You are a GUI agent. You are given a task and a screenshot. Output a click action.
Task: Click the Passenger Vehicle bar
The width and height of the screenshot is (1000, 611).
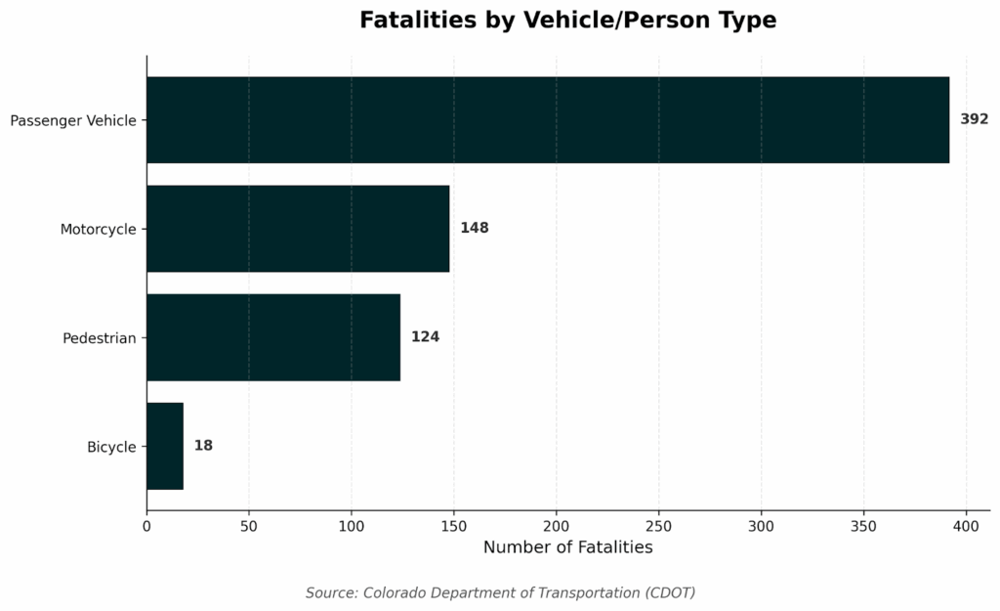[547, 120]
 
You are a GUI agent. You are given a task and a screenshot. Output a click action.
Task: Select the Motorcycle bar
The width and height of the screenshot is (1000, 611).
[298, 229]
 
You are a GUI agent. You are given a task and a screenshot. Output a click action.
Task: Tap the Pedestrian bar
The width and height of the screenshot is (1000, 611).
[273, 337]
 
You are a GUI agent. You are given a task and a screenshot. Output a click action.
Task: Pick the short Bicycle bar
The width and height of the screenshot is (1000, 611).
[165, 446]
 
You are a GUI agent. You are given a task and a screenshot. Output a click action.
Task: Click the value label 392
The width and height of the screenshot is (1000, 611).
[974, 119]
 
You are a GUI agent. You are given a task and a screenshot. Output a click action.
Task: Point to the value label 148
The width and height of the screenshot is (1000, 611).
[475, 228]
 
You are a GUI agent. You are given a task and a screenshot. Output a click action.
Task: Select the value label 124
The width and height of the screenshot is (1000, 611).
[425, 336]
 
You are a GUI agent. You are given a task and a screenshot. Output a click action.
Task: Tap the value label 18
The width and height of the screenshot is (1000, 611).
[203, 445]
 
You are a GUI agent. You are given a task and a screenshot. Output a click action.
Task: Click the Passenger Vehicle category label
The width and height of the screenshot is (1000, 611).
[73, 121]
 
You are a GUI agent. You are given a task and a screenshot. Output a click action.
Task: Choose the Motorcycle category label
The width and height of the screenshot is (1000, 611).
[98, 230]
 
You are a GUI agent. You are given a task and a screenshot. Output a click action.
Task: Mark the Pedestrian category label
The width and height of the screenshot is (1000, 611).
[99, 338]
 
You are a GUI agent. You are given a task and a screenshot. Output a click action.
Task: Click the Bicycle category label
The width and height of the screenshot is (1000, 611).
[111, 447]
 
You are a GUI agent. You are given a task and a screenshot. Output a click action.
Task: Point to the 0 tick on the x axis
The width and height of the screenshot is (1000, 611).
[146, 526]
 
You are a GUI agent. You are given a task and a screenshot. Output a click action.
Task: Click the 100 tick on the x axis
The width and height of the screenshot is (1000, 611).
[352, 526]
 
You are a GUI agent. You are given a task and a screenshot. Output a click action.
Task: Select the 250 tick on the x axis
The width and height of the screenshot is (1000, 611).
[659, 526]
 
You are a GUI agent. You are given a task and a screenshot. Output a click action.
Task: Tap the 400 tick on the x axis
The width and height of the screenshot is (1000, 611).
[966, 526]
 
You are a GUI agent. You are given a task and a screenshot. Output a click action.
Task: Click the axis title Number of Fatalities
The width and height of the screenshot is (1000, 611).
[567, 547]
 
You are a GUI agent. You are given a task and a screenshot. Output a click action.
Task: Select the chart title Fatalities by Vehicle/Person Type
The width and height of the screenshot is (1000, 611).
[567, 21]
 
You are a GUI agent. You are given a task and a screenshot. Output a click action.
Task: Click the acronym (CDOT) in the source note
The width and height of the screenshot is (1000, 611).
[670, 592]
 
